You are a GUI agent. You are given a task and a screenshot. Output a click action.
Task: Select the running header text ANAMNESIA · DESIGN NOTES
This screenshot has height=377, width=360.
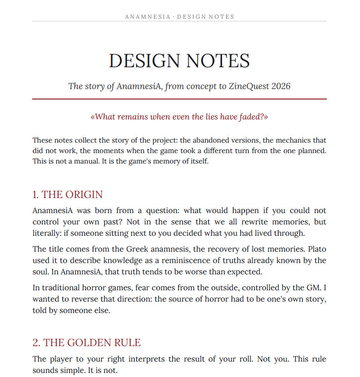(x=180, y=17)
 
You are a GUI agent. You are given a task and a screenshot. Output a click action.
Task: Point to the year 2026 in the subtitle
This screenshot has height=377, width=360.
(x=281, y=86)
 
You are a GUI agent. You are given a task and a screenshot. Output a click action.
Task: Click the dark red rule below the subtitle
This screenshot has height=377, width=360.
(x=180, y=99)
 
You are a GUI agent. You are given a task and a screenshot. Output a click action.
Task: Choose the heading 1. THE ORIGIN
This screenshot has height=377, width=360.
(x=68, y=194)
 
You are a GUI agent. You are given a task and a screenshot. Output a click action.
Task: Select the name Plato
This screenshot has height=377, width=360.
(x=316, y=249)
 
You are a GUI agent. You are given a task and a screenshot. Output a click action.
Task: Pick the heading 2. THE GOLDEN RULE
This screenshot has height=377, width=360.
(x=87, y=342)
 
